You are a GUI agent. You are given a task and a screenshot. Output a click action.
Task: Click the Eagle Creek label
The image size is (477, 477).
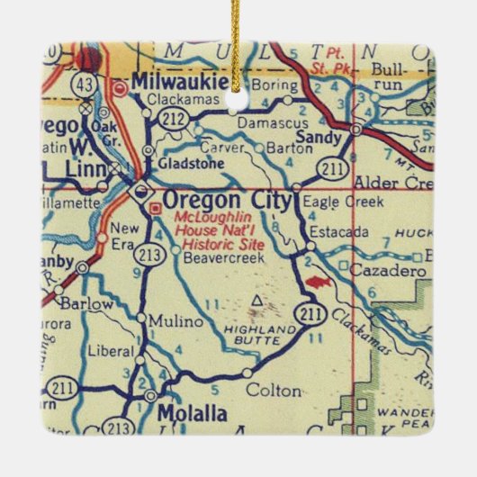tap(332, 203)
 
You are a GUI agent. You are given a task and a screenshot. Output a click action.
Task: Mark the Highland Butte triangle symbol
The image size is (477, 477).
tap(260, 298)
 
